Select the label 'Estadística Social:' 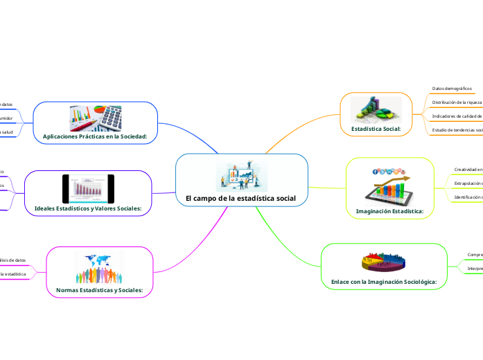pos(376,129)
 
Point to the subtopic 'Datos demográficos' pos(452,89)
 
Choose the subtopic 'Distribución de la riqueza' pos(457,102)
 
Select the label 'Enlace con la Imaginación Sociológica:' pos(383,282)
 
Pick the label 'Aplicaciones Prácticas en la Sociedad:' pos(96,136)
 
